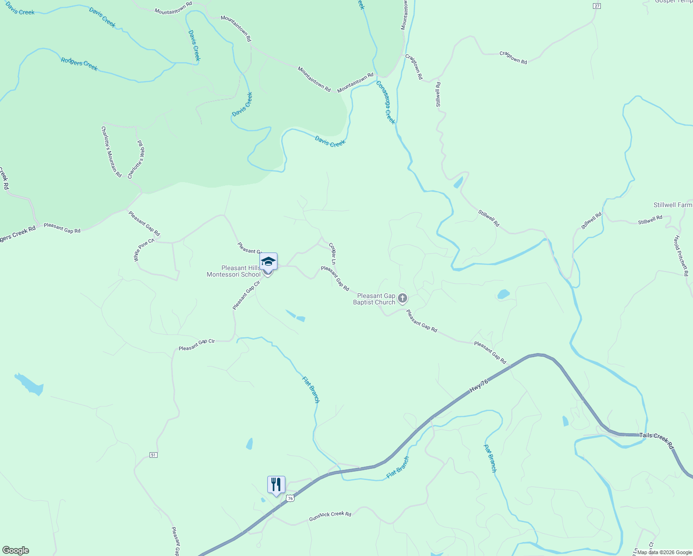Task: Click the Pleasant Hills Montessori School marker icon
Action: click(268, 262)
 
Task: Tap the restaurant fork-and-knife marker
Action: click(276, 485)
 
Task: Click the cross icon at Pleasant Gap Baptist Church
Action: click(403, 298)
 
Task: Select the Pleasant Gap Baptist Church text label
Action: click(375, 299)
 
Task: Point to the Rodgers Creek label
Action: click(79, 64)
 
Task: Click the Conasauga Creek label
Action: click(385, 102)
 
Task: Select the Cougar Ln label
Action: click(333, 253)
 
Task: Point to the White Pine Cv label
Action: click(144, 250)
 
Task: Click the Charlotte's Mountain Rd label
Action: click(111, 152)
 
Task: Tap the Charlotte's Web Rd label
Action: click(137, 160)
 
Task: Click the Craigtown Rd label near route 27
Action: click(513, 57)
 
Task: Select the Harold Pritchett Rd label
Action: click(681, 256)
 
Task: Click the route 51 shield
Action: click(153, 455)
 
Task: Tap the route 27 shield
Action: click(597, 6)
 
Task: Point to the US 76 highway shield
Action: click(290, 498)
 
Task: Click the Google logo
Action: click(16, 550)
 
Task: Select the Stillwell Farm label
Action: click(673, 205)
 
